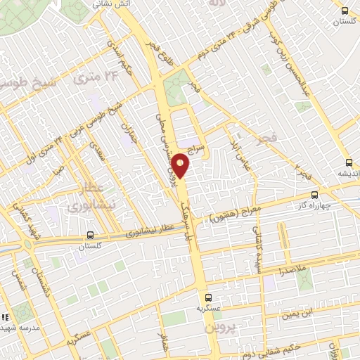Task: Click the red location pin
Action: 181,165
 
